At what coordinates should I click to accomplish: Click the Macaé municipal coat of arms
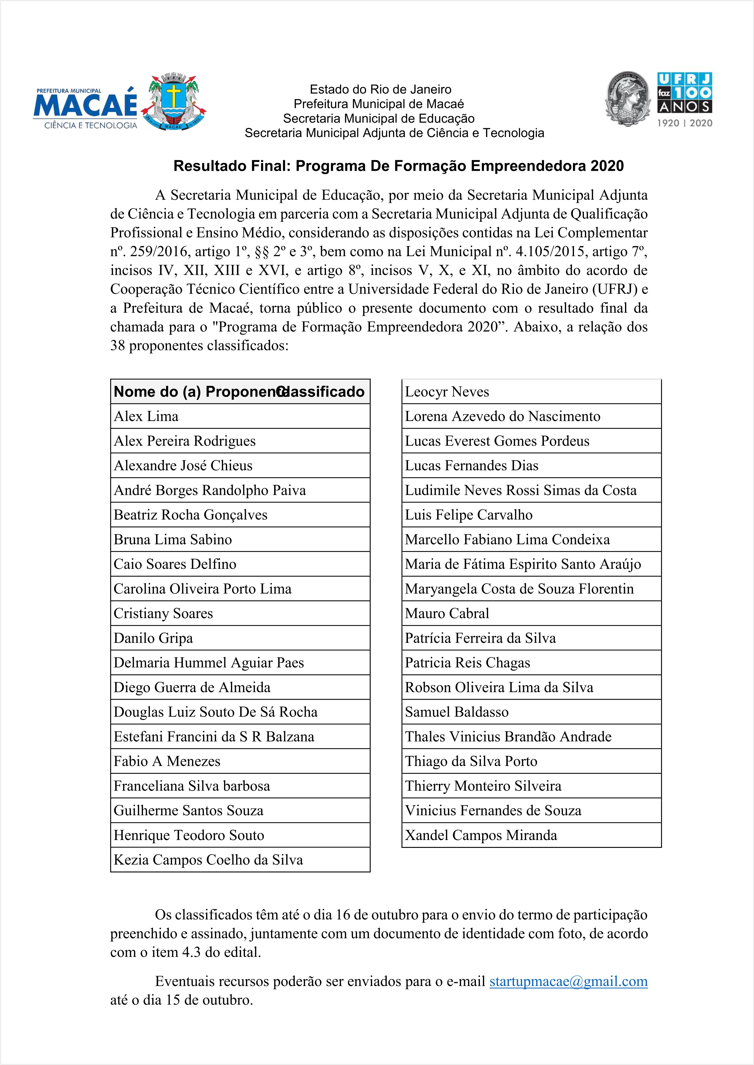(x=173, y=101)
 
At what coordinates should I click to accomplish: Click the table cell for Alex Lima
(x=240, y=416)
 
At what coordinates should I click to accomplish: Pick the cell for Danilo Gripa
(x=240, y=638)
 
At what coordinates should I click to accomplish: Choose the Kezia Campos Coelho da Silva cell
(x=240, y=859)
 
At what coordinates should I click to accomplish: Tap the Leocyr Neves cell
(x=531, y=391)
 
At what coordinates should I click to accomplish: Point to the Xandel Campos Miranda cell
(x=531, y=835)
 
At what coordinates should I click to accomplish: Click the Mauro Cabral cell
(x=531, y=613)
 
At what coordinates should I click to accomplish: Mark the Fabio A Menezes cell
(x=240, y=761)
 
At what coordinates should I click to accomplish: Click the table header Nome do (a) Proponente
(x=195, y=391)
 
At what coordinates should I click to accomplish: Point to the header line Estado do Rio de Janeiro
(x=380, y=89)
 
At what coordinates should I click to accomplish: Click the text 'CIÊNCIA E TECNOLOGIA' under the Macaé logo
(x=90, y=125)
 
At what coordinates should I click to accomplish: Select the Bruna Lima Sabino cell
(x=240, y=539)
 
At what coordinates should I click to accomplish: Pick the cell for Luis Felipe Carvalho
(x=531, y=515)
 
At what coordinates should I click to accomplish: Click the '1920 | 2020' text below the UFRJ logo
(x=684, y=123)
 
